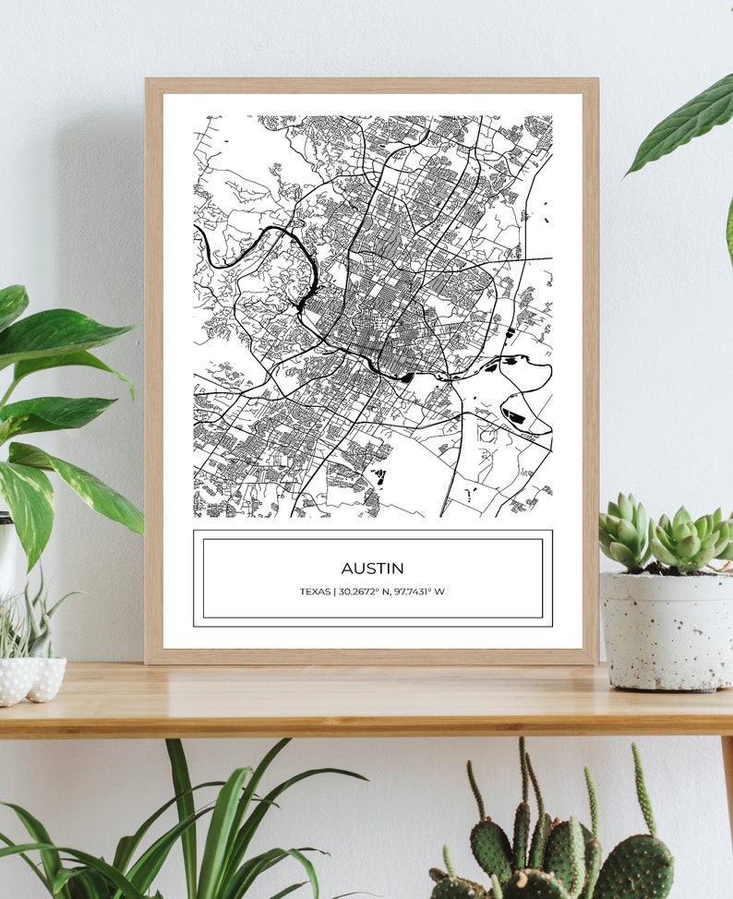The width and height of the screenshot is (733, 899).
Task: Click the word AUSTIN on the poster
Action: coord(372,569)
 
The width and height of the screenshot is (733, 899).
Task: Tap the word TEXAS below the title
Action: coord(315,592)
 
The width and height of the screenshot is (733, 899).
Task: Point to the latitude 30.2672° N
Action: coord(366,592)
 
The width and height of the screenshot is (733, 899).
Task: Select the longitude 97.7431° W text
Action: coord(419,592)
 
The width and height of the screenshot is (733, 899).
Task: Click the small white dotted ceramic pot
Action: coord(31,678)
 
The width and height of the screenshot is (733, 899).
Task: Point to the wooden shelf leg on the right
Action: coord(727,785)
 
